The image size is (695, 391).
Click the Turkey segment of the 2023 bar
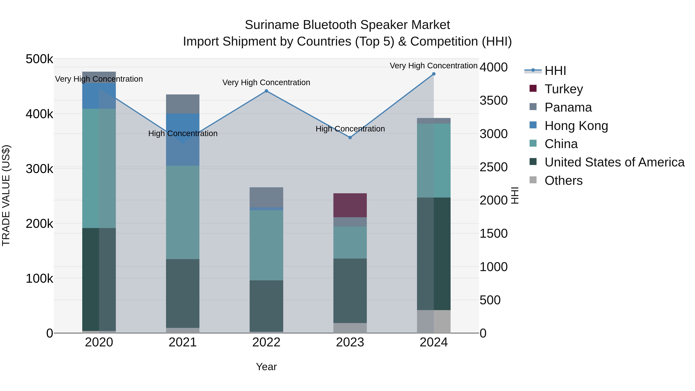click(x=350, y=205)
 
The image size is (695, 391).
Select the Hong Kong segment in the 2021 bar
click(x=183, y=140)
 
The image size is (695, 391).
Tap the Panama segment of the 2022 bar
click(x=266, y=197)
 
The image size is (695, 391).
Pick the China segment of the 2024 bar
click(x=434, y=161)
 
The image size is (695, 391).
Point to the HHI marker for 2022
click(x=266, y=91)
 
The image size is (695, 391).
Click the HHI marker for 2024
click(x=434, y=74)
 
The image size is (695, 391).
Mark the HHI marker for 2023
click(x=350, y=137)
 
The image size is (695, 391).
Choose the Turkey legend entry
click(x=563, y=89)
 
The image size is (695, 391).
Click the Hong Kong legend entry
click(x=576, y=126)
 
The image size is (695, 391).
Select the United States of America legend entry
click(x=614, y=162)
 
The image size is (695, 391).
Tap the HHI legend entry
click(x=555, y=71)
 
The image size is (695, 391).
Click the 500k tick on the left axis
click(x=39, y=59)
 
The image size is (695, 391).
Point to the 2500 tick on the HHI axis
click(x=493, y=167)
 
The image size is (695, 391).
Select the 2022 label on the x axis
click(x=266, y=342)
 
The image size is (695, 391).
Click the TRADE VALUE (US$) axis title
click(x=6, y=195)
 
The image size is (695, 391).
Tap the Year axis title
click(x=266, y=367)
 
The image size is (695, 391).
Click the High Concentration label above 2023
click(x=350, y=129)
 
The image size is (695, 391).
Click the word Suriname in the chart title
click(x=272, y=25)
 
